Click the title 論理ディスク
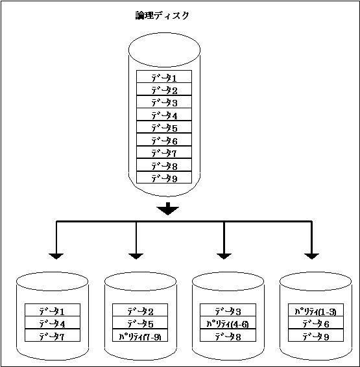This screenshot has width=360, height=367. tap(162, 16)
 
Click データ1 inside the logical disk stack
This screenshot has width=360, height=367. tap(164, 77)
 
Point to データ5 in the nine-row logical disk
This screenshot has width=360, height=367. tap(164, 127)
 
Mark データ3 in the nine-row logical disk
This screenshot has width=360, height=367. tap(164, 102)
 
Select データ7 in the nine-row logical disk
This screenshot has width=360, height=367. tap(164, 152)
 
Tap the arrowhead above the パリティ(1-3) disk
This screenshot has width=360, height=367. tap(311, 256)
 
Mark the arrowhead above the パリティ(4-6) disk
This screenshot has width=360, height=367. tap(224, 256)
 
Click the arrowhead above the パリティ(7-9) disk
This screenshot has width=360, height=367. tap(136, 256)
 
